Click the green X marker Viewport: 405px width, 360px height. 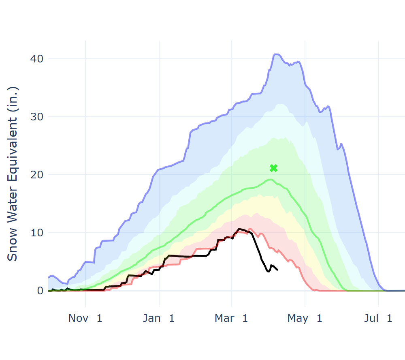point(273,168)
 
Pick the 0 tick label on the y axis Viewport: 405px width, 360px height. point(40,291)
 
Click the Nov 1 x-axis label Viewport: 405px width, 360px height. point(85,318)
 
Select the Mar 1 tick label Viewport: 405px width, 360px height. point(231,318)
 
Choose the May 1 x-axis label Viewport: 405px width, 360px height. point(305,318)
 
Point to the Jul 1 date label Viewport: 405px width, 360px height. point(378,318)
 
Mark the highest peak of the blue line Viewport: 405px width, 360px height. point(276,54)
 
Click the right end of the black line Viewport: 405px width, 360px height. point(277,270)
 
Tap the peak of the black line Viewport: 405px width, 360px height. point(239,229)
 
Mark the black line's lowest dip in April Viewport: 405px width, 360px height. point(268,271)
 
